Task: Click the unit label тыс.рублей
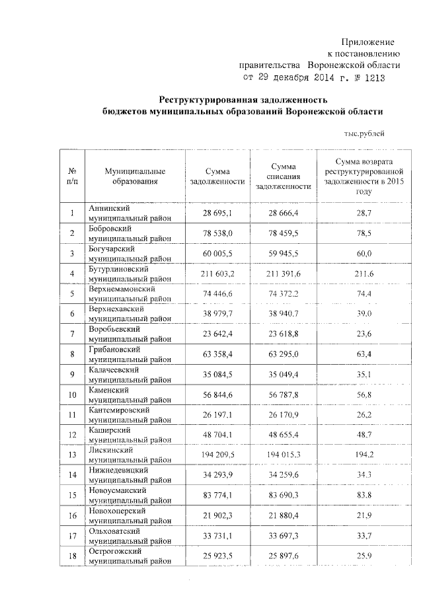364,133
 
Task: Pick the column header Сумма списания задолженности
282,176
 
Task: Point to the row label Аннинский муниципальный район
130,213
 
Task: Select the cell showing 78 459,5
282,233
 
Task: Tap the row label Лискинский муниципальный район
130,455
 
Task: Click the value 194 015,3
282,456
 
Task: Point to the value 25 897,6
282,557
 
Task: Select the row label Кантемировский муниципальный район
130,415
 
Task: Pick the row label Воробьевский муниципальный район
130,334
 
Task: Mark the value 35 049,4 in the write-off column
282,375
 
